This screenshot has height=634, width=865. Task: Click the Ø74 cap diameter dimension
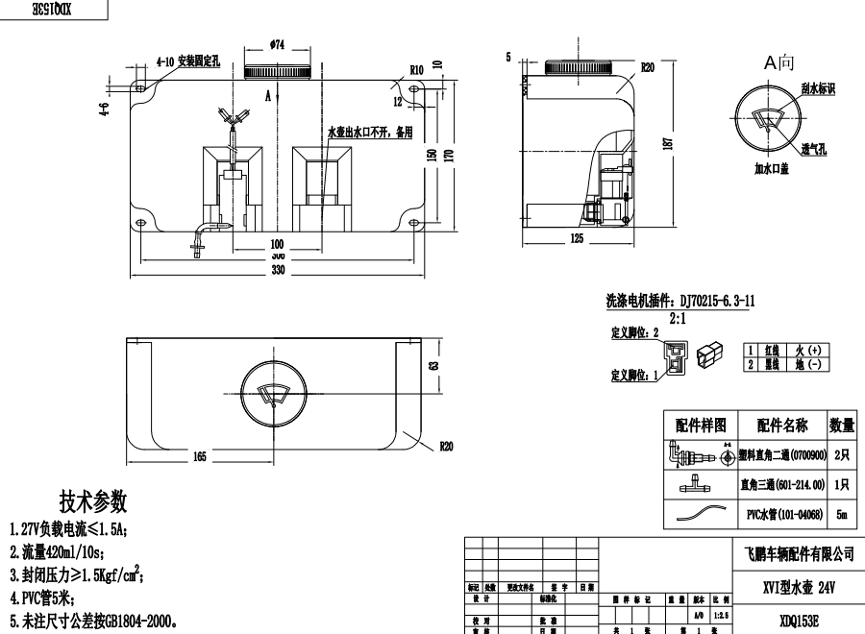click(x=278, y=44)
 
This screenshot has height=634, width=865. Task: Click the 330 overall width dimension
click(x=278, y=272)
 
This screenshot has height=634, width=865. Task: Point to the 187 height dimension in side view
click(x=667, y=142)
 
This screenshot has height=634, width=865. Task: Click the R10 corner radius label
click(x=416, y=70)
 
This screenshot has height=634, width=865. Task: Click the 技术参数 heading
click(x=93, y=501)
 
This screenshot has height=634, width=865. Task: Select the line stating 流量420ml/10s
click(x=57, y=552)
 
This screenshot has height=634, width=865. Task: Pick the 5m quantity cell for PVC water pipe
click(x=842, y=515)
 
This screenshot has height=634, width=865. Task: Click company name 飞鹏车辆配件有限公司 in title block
click(x=786, y=554)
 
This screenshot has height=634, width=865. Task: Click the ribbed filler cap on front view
click(x=278, y=71)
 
